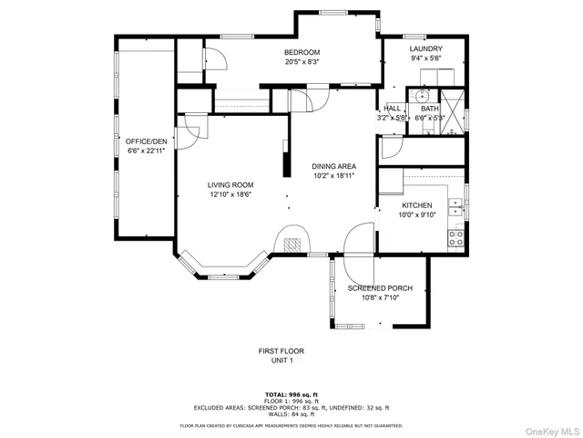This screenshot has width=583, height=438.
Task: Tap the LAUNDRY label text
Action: coord(425,48)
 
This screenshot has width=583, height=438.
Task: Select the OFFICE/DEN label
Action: coord(146,141)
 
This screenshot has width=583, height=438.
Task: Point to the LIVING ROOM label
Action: coord(230,184)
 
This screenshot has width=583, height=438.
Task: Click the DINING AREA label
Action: coord(333,166)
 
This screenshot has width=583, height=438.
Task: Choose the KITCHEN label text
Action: coord(417,205)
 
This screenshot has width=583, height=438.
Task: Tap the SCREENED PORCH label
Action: coord(381,288)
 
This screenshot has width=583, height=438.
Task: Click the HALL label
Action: coord(392,108)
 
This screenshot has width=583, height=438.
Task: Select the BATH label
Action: coord(429,108)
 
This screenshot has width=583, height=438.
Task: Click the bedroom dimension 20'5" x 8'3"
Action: coord(302,63)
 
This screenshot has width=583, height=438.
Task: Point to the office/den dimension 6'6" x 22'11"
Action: coord(146,151)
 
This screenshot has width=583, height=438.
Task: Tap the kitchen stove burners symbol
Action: coord(457,238)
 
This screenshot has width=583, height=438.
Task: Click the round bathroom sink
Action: coord(422,94)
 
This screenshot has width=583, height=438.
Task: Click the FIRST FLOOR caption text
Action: coord(281,350)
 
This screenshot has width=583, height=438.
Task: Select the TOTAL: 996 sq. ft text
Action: coord(291,394)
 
